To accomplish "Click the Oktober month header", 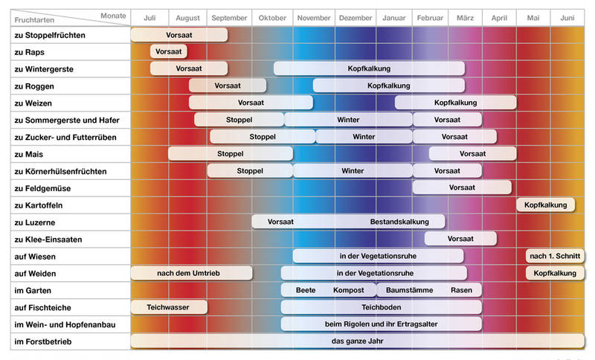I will [272, 17].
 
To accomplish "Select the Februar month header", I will [430, 17].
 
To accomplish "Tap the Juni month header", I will [567, 17].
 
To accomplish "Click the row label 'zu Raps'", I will [30, 52].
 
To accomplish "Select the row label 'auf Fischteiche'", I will [42, 307].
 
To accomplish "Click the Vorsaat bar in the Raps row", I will [169, 52].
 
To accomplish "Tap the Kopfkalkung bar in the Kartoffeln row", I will [545, 205].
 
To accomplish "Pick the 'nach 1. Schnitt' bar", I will [555, 257].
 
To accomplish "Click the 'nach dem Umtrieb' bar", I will [191, 273].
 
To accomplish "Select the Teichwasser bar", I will [169, 307].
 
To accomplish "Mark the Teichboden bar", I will [381, 307].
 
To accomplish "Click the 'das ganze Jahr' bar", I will [357, 341].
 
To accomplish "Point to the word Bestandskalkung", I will [397, 222].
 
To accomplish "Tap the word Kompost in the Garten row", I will [348, 290].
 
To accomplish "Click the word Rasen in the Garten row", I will [461, 290].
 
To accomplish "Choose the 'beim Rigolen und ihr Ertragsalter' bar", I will [381, 324].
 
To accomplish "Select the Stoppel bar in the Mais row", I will [230, 154].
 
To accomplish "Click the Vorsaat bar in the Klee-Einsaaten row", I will [460, 239].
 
